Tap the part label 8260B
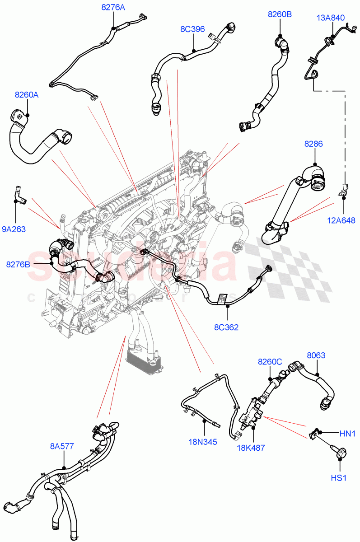[x=280, y=14]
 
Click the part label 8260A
[x=27, y=95]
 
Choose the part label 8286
[x=313, y=144]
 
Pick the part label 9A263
[x=14, y=229]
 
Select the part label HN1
[x=348, y=434]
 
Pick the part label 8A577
[x=62, y=447]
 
